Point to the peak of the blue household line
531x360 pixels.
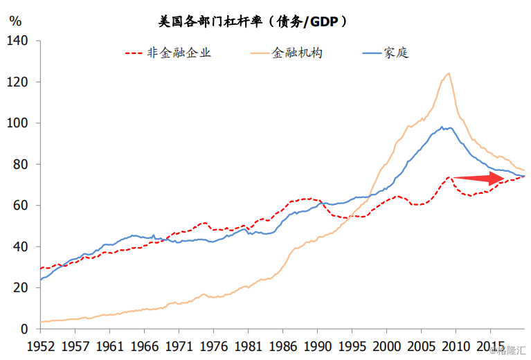[442, 127]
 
